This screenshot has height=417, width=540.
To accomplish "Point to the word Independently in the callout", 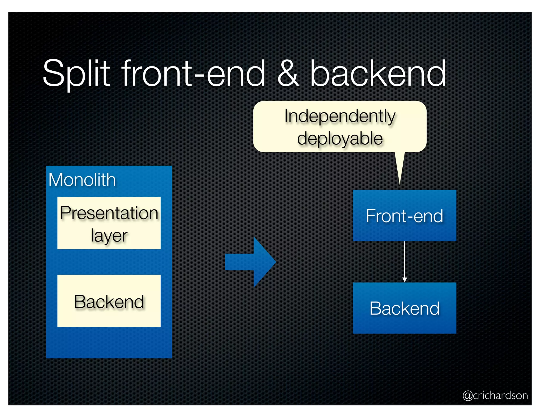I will pos(340,116).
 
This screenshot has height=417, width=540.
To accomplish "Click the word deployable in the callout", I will pos(340,139).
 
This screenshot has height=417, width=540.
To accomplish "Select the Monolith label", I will pos(82,180).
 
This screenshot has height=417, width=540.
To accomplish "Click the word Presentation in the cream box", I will pos(109,213).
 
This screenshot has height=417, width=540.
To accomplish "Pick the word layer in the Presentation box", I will pos(109,235).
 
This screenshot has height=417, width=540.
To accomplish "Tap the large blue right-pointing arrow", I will pos(251,262).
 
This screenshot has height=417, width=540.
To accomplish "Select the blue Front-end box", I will pos(404,216).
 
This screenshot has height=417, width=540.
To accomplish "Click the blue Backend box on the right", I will pos(404,308).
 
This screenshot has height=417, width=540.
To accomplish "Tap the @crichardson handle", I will pos(495,395).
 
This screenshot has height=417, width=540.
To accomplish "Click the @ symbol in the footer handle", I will pos(468,396).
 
